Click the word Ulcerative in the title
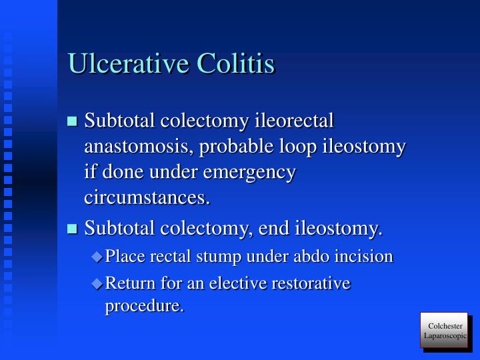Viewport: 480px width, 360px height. [127, 64]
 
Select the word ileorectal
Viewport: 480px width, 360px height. [295, 121]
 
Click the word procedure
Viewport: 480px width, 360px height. [144, 307]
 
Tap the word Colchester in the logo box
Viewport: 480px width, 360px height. [445, 325]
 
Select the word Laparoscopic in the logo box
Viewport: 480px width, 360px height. [445, 335]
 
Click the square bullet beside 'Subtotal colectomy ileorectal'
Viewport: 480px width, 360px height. [73, 122]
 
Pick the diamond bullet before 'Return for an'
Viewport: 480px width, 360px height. [97, 283]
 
